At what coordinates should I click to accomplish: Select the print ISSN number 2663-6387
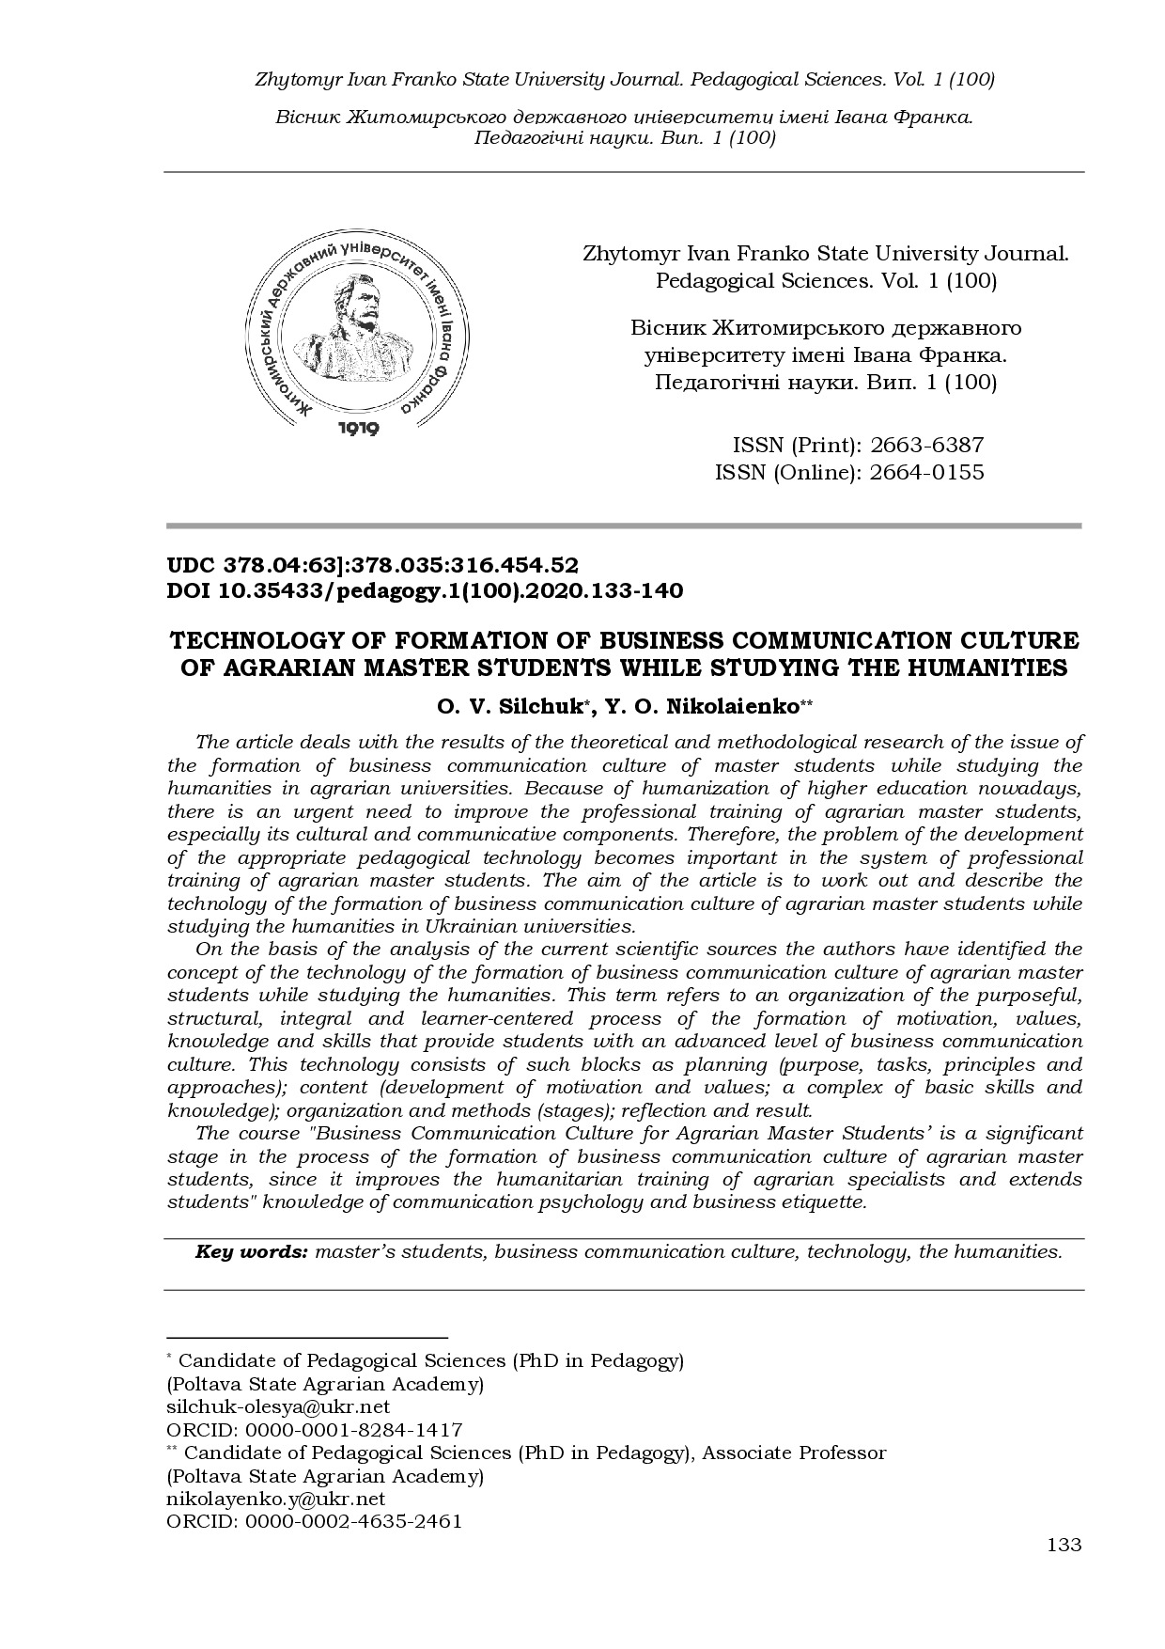[x=926, y=446]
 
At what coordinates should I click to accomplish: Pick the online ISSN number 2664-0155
[x=926, y=472]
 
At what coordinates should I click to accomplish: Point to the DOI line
[x=425, y=590]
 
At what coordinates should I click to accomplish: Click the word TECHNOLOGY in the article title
[x=255, y=641]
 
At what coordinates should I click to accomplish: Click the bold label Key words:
[x=251, y=1252]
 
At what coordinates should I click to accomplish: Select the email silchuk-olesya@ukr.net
[x=278, y=1407]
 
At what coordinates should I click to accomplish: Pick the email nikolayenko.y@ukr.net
[x=276, y=1500]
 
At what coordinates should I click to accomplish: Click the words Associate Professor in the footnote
[x=794, y=1453]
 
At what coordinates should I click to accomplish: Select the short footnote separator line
[x=306, y=1336]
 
